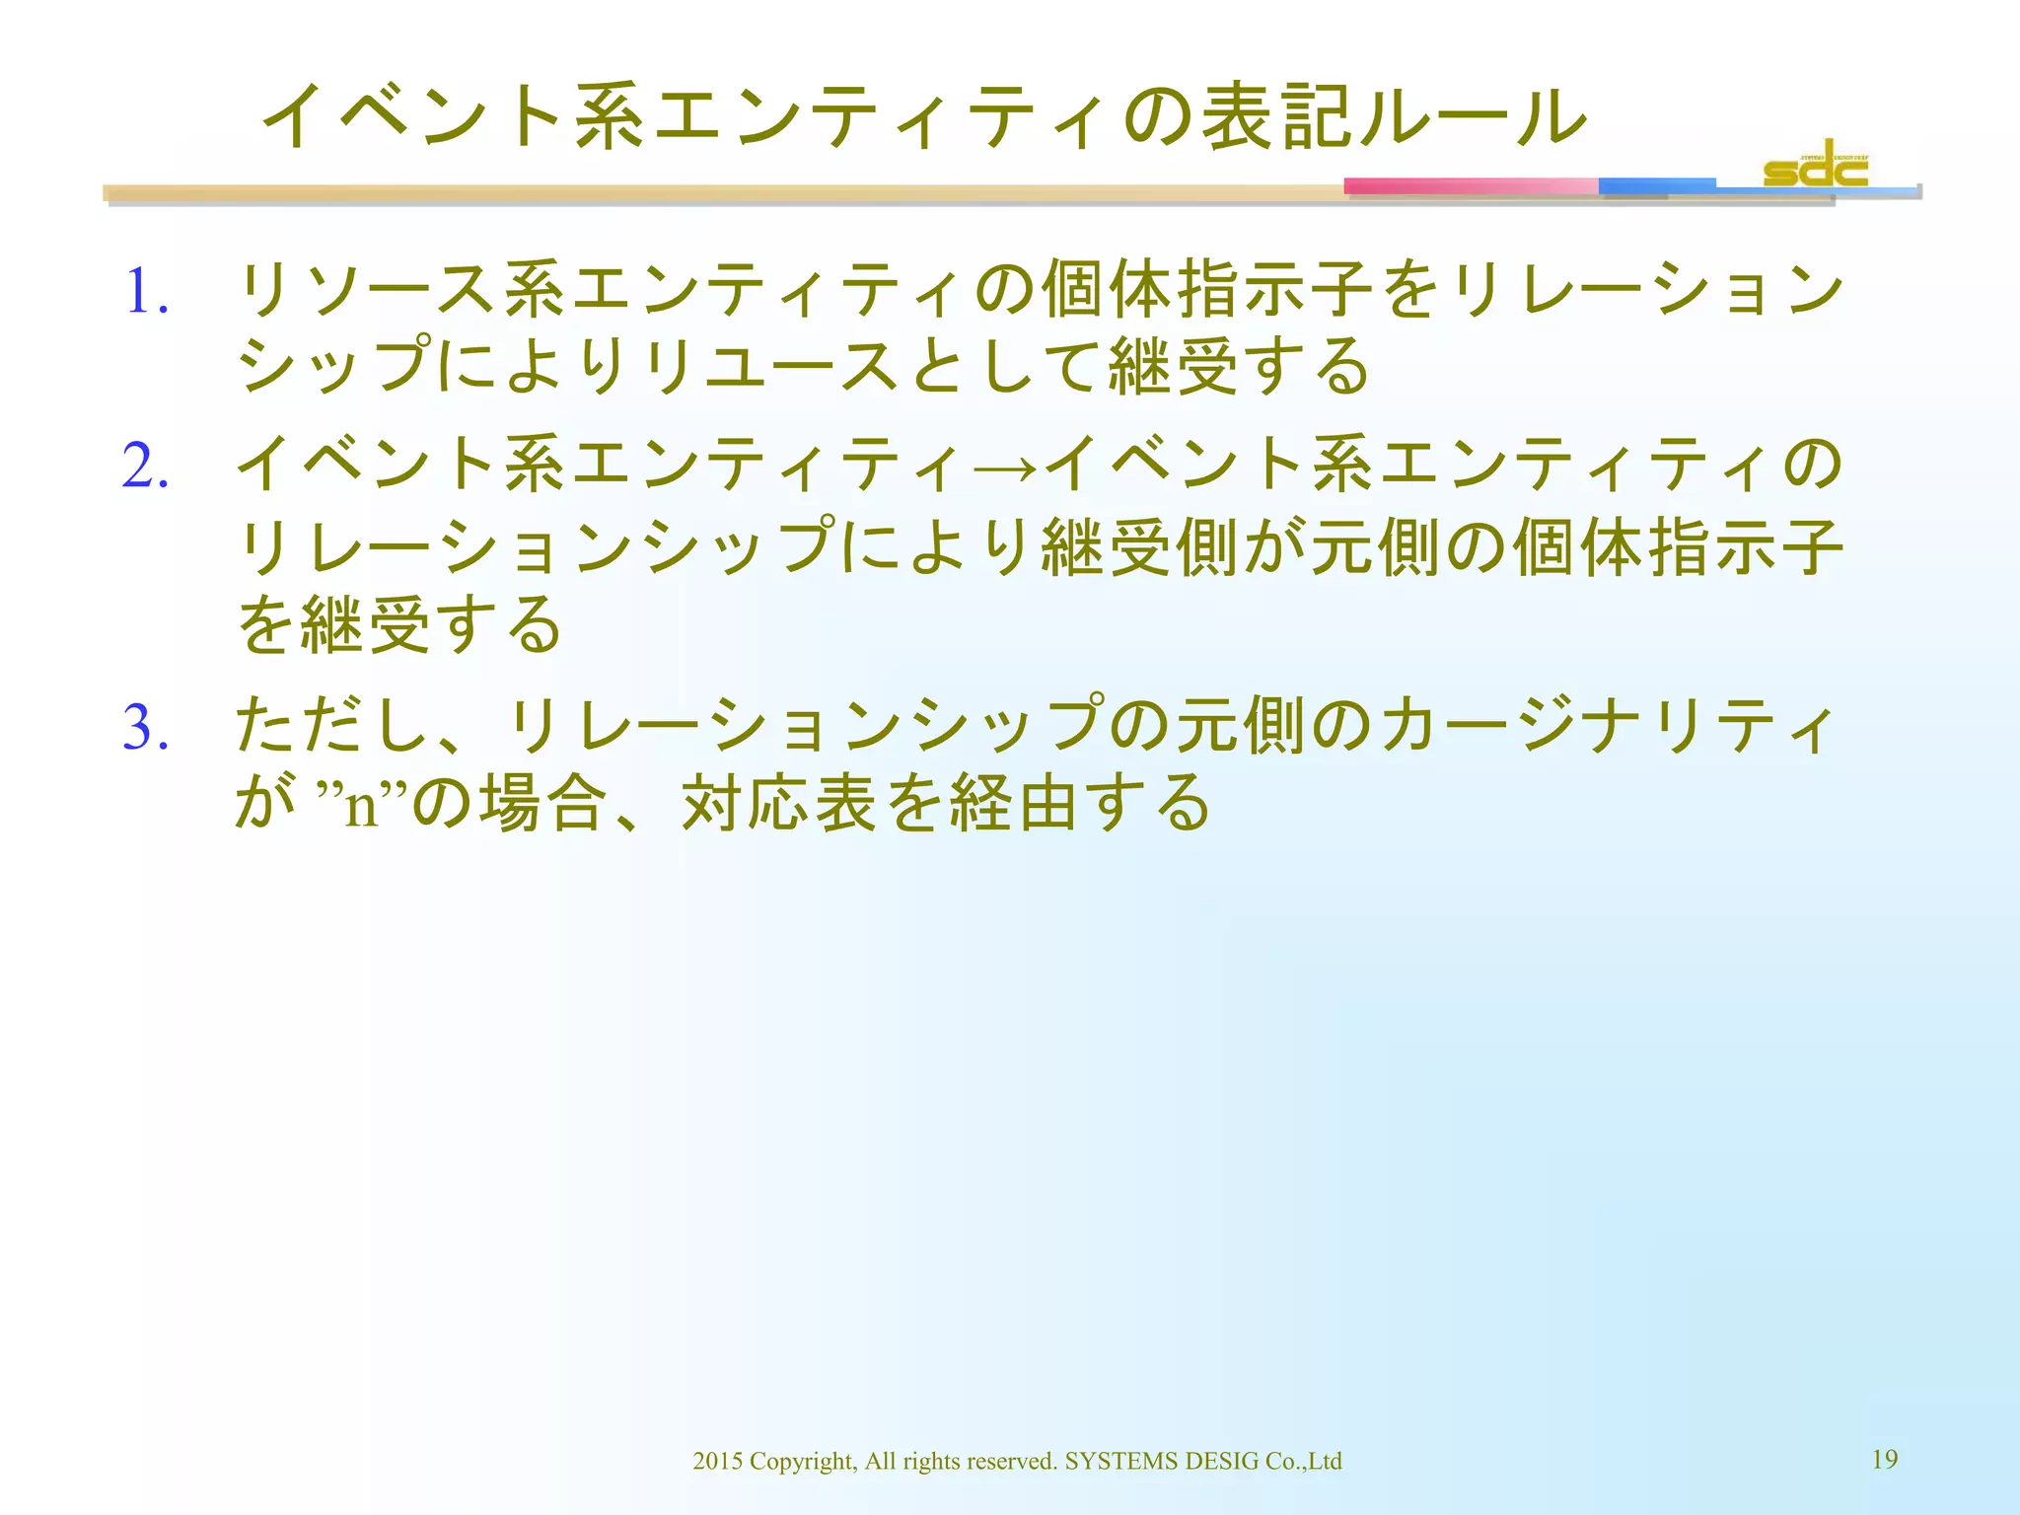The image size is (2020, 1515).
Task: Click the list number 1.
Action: point(145,293)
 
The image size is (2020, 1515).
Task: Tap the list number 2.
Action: point(145,466)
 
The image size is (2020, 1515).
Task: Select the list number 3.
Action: point(145,728)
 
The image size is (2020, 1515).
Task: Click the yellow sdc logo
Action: point(1815,166)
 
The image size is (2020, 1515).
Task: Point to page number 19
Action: point(1884,1459)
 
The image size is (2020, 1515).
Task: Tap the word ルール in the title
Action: point(1470,117)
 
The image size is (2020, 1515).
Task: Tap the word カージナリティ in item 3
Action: point(1608,726)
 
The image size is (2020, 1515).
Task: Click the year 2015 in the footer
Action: point(717,1461)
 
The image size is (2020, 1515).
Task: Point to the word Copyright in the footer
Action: point(802,1461)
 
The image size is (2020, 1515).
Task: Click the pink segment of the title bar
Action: point(1470,186)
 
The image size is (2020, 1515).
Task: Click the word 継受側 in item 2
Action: point(1139,547)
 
